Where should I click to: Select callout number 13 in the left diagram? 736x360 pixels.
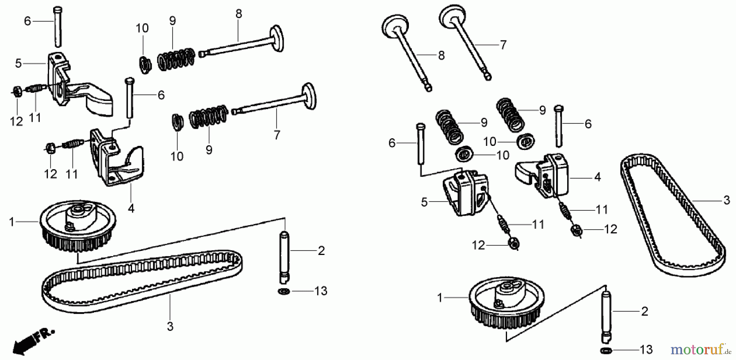(x=321, y=291)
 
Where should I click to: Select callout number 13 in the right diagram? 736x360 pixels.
(x=646, y=350)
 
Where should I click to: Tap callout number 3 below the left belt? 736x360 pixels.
(x=170, y=326)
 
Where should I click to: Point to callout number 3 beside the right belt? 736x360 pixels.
(x=726, y=200)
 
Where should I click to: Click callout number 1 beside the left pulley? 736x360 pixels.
(x=12, y=222)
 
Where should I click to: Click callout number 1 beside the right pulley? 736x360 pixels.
(x=440, y=298)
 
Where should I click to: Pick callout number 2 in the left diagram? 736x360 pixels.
(x=321, y=250)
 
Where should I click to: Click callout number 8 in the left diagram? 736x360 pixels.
(x=239, y=14)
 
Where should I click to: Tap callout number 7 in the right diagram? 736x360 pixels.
(x=503, y=45)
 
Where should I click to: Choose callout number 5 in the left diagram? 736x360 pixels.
(x=18, y=63)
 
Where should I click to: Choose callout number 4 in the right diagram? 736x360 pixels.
(x=597, y=177)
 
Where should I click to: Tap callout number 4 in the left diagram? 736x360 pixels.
(x=131, y=208)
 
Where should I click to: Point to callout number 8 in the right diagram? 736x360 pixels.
(x=441, y=56)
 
